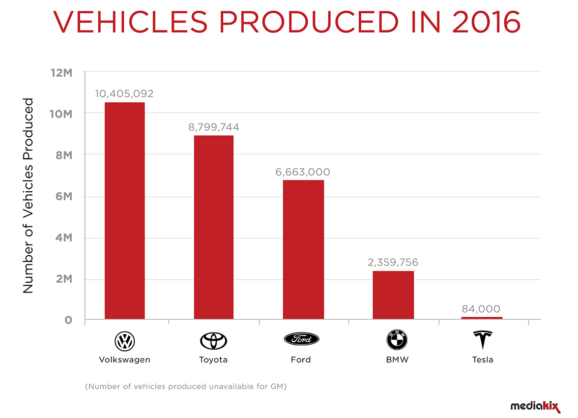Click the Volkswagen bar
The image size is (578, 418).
[125, 211]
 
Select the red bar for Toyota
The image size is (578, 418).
[214, 227]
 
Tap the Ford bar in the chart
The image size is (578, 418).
[303, 250]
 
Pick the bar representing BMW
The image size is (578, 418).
[393, 295]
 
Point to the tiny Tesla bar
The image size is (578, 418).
[481, 318]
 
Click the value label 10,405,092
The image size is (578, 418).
[124, 94]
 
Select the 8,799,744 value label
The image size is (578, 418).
[214, 127]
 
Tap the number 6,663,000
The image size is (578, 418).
[303, 172]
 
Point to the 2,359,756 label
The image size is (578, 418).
[393, 262]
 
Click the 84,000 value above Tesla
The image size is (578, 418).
[481, 309]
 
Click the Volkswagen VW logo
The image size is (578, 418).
[125, 341]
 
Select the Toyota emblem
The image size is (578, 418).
[213, 341]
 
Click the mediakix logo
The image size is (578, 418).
[535, 406]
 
